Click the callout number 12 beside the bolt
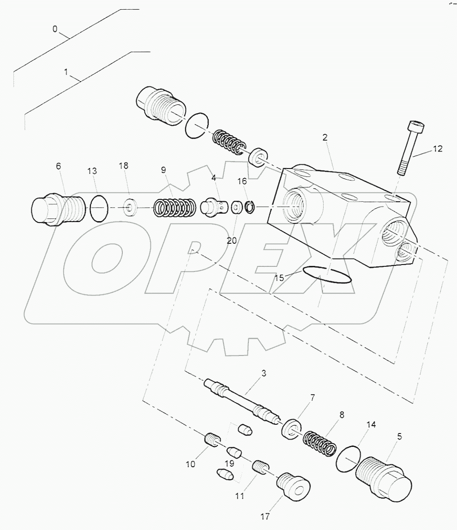tap(437, 149)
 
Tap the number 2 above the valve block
tap(325, 138)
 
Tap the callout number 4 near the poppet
tap(214, 177)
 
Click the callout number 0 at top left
tap(55, 30)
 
